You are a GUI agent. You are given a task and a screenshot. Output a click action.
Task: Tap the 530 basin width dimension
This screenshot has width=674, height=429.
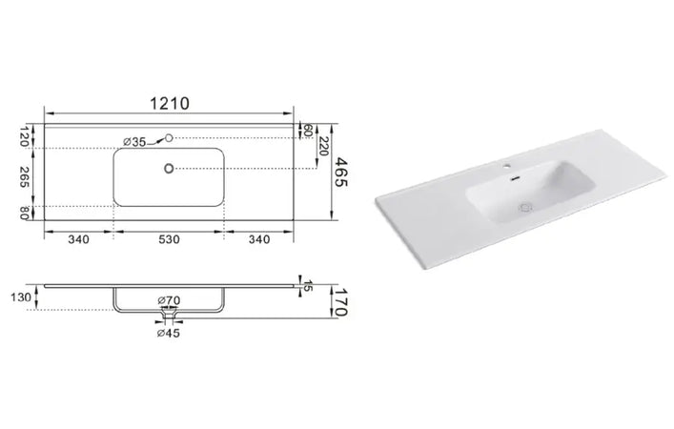[170, 239]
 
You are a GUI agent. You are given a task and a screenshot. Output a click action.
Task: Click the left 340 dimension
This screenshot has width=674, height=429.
[78, 239]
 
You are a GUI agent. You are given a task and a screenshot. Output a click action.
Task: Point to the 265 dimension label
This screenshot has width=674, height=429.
[25, 176]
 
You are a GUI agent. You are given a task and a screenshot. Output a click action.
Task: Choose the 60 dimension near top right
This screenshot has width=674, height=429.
[308, 130]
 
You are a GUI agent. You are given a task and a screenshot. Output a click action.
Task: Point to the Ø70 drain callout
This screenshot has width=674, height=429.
[169, 301]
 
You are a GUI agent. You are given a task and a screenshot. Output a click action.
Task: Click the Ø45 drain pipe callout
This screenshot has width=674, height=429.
[170, 333]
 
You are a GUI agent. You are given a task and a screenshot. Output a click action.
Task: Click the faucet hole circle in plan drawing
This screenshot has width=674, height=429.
[169, 139]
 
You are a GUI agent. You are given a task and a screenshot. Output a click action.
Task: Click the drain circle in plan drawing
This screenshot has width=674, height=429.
[170, 170]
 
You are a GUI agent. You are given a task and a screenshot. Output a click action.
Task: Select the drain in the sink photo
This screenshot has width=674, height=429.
[523, 204]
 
